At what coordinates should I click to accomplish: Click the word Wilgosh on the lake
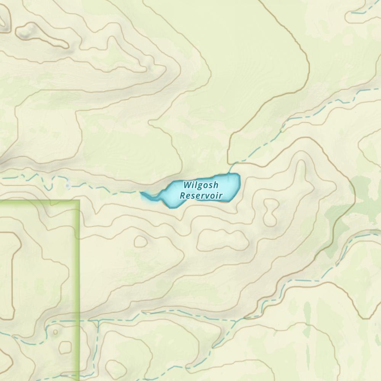pos(201,186)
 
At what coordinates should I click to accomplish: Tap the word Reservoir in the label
pos(201,196)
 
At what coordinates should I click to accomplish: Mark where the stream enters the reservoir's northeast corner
pos(231,173)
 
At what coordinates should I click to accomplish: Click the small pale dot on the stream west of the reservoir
pos(68,186)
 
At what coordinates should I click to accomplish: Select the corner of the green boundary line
pos(78,200)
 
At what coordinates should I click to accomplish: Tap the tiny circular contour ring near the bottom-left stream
pos(56,332)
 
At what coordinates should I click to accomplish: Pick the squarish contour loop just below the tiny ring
pos(65,347)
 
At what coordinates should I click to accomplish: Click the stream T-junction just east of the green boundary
pos(98,322)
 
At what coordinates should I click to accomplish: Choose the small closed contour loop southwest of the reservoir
pos(140,241)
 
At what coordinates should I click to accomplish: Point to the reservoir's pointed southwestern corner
pos(170,207)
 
